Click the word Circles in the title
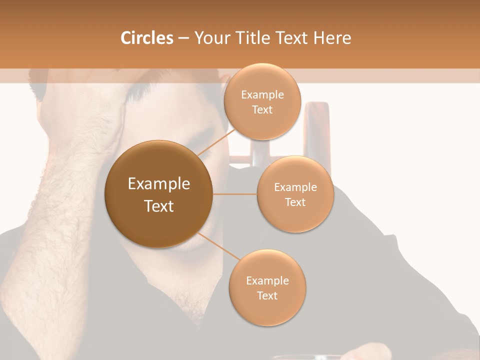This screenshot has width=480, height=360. (x=146, y=38)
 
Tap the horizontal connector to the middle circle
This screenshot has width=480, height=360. (x=235, y=193)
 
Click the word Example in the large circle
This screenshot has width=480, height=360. (x=159, y=183)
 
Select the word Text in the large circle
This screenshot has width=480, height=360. (x=159, y=206)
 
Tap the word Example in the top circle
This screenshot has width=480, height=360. (x=262, y=95)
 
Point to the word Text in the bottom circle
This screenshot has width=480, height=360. (x=267, y=295)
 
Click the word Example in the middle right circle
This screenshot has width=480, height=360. (x=295, y=187)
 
